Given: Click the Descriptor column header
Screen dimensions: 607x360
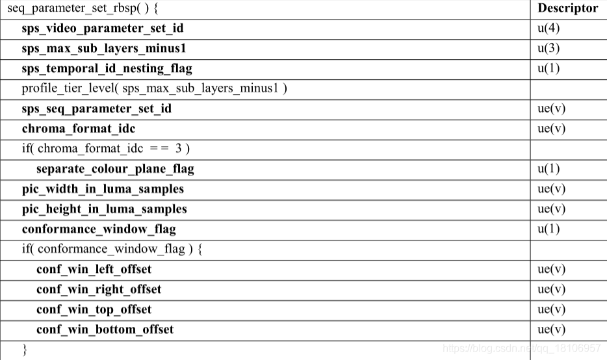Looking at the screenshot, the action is (x=567, y=8).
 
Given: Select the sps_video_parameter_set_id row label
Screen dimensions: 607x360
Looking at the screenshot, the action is (x=103, y=28).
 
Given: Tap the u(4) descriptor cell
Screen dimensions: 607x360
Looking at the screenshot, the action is (x=549, y=28).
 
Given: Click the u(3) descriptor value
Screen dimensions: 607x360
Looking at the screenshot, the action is (x=549, y=48).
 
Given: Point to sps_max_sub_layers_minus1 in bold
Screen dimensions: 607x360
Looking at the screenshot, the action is (x=104, y=48).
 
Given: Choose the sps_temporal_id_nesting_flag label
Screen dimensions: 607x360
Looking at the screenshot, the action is (x=107, y=68).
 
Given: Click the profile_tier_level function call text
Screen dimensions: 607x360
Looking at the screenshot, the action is (x=155, y=88).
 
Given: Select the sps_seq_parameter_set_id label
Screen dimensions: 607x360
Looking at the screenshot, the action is (x=97, y=109).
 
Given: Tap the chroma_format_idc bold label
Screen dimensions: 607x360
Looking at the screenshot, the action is (x=79, y=129).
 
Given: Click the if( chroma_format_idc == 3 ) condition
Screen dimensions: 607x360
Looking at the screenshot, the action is (x=106, y=149).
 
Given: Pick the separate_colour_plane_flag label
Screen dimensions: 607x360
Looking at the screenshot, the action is (x=115, y=169).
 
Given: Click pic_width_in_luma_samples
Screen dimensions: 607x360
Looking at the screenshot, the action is (x=103, y=189).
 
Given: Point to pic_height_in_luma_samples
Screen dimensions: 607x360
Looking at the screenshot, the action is (x=105, y=209).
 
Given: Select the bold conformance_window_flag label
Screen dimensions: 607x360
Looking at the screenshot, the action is (x=99, y=229).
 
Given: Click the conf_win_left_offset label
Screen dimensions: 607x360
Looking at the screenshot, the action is (x=94, y=269).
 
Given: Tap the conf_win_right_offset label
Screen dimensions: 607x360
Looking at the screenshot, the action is (x=99, y=289).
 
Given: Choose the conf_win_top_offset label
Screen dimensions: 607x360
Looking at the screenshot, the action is (x=94, y=309).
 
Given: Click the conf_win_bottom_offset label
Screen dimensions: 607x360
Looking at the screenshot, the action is (x=105, y=329).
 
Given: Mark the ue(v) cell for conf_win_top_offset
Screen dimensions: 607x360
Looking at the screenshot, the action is (x=551, y=309).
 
